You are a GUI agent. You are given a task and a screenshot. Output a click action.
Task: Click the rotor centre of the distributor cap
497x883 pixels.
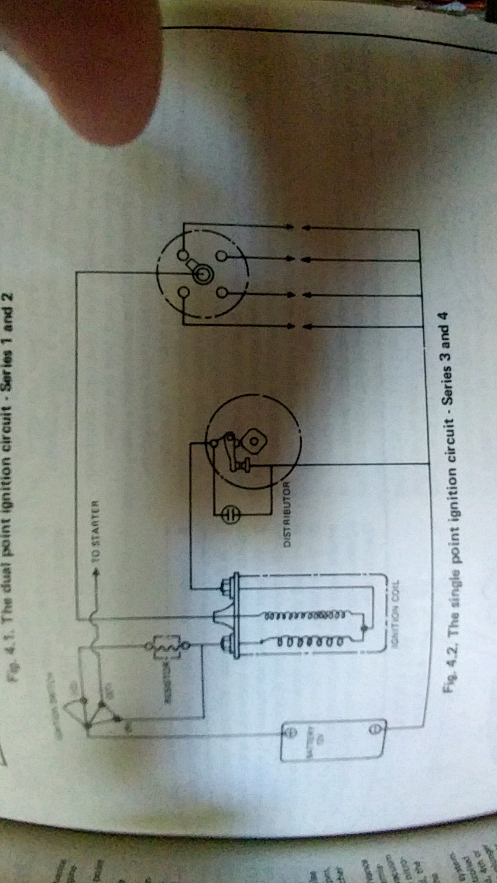pyautogui.click(x=201, y=274)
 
